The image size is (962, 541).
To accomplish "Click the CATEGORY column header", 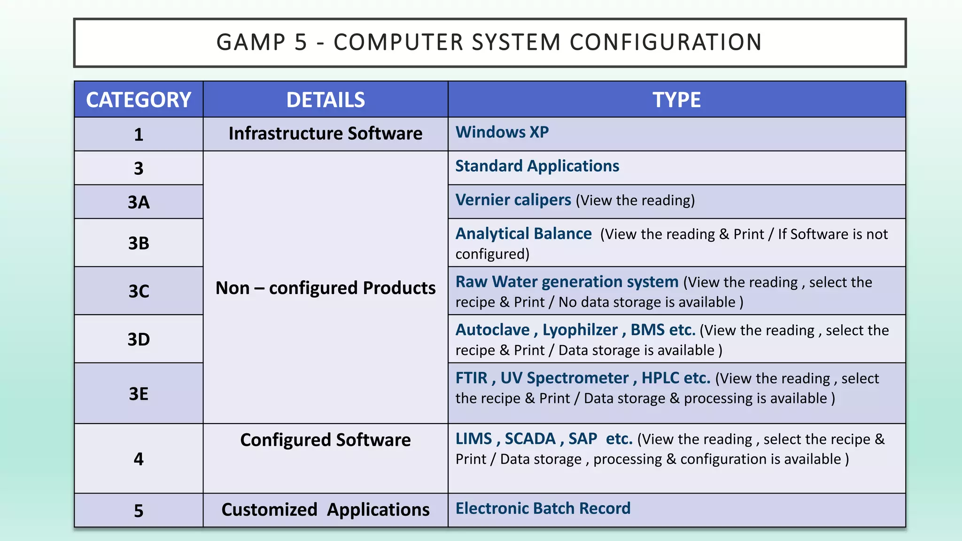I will [x=139, y=100].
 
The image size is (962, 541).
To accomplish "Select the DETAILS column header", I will [x=326, y=100].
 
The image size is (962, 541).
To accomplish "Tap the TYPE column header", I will [x=676, y=100].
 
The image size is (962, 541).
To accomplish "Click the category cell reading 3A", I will [x=139, y=202].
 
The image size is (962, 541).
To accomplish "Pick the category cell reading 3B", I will [x=139, y=243].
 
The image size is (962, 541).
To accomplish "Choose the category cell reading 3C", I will [x=139, y=291].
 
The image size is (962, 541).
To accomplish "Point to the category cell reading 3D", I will [x=139, y=339].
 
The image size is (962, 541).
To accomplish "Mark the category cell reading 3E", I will [x=139, y=394].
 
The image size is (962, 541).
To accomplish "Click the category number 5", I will [x=139, y=510].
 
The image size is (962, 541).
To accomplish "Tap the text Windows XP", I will [x=502, y=132].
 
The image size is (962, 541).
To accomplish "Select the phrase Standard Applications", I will [x=537, y=166].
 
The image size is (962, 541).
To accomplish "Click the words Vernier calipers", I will [x=513, y=200].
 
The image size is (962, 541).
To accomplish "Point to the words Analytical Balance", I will [x=523, y=234].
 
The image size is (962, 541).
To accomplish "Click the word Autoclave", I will [x=492, y=330].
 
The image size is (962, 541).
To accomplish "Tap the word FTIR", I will [x=471, y=378].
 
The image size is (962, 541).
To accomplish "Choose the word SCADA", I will [x=530, y=439].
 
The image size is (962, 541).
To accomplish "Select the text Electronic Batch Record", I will [x=543, y=509].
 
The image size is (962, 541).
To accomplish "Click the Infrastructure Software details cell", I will [x=326, y=134].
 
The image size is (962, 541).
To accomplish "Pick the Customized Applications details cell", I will [x=326, y=510].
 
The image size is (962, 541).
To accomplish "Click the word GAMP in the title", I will [x=251, y=42].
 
